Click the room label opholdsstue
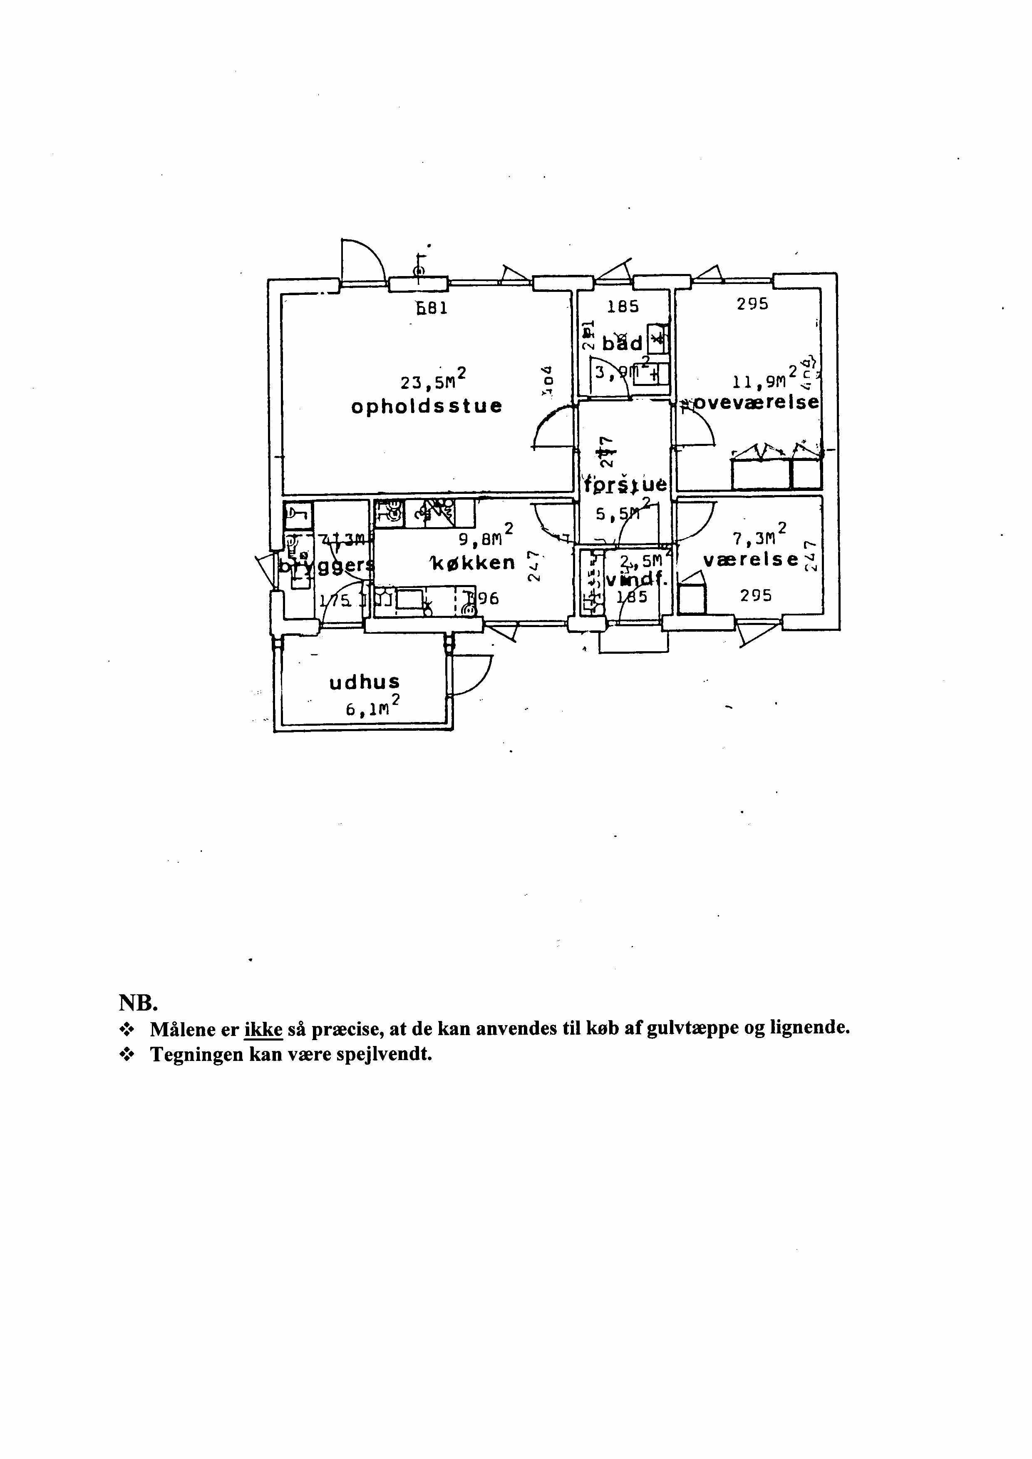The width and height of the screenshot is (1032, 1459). coord(427,406)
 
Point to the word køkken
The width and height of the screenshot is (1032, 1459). coord(474,563)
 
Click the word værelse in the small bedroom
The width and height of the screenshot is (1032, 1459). coord(750,560)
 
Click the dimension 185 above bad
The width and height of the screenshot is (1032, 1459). coord(623,307)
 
